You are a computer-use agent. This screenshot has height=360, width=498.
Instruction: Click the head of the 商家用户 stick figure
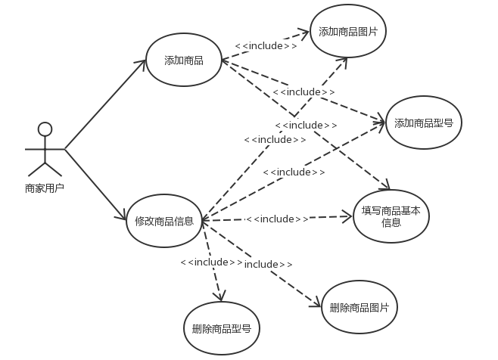point(45,129)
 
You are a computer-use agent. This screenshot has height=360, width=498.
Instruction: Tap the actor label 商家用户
point(45,188)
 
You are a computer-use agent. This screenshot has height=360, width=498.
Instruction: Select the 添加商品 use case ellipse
point(183,61)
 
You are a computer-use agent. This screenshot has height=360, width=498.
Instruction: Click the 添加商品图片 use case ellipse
point(347,32)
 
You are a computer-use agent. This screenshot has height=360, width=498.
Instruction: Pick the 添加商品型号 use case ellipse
point(423,122)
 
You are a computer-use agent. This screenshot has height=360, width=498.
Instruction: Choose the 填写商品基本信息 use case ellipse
point(391,217)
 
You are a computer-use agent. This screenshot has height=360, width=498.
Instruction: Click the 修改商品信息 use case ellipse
point(164,221)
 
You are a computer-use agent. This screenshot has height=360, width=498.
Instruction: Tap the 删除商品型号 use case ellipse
point(222,329)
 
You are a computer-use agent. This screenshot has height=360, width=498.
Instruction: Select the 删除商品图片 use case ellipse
point(359,307)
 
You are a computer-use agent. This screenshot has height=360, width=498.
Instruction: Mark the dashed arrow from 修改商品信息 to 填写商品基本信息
point(333,218)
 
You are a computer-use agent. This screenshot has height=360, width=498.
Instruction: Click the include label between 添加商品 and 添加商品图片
point(266,45)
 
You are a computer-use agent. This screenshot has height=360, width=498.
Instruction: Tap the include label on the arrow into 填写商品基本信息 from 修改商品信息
point(277,219)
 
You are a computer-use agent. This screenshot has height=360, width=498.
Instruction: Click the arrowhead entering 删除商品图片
point(317,304)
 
